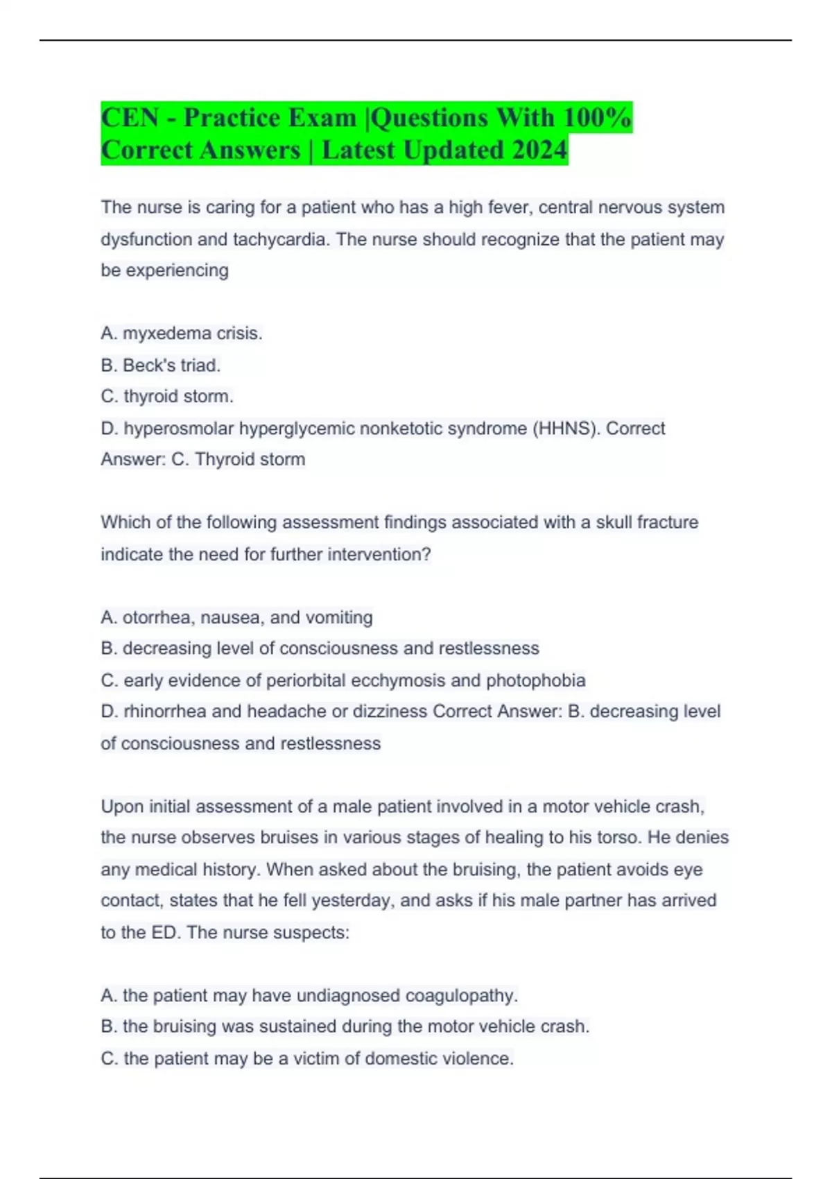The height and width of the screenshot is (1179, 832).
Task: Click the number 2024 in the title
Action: point(539,150)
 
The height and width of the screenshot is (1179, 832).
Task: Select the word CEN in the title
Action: point(130,118)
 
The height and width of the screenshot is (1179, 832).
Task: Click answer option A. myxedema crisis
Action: point(182,334)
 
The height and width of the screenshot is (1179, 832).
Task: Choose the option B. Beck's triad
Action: point(161,365)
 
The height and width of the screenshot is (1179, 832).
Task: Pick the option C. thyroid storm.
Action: point(167,396)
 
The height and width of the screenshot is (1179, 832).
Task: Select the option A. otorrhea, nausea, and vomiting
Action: point(236,617)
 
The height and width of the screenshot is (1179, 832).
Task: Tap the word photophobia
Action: point(535,680)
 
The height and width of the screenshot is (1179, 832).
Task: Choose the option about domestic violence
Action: point(307,1058)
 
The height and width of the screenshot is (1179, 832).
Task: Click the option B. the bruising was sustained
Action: point(345,1026)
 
